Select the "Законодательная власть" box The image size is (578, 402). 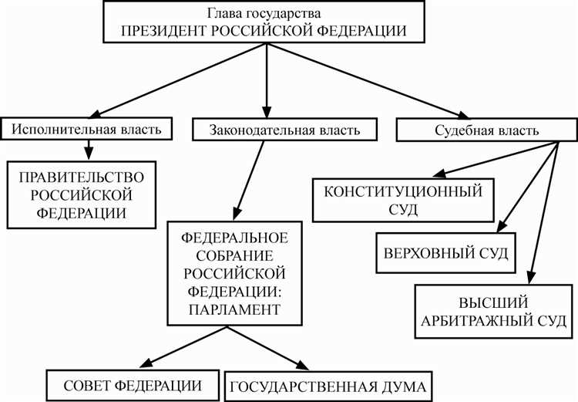(x=284, y=130)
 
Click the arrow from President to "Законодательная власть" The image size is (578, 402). (x=267, y=77)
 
